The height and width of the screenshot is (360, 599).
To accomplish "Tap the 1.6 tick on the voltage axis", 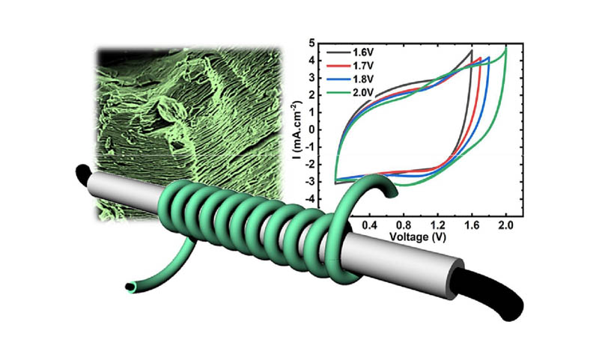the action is coord(472,225).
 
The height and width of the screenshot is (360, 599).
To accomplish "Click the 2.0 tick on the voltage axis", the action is coord(506,225).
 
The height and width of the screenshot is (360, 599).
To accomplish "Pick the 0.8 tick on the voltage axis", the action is coord(404,225).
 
